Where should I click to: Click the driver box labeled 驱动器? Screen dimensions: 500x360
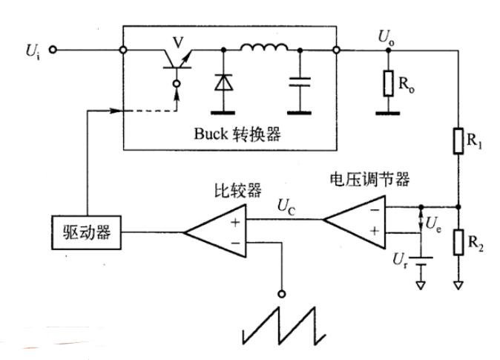(x=86, y=232)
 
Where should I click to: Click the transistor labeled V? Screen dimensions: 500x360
(x=177, y=61)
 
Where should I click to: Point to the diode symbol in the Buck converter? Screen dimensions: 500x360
(x=223, y=82)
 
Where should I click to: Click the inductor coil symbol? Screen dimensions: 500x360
(x=264, y=48)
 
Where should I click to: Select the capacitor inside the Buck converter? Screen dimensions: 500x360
(x=300, y=82)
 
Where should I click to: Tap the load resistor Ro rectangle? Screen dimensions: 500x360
(x=389, y=83)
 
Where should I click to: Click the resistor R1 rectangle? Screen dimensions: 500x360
(x=458, y=141)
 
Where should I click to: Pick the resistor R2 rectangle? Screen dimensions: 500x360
(x=458, y=242)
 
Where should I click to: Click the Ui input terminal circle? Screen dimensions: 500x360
(x=53, y=50)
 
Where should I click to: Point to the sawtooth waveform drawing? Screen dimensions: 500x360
(x=284, y=326)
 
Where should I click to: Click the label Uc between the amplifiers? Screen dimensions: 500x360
(x=286, y=206)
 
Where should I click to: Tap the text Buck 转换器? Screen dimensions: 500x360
(x=237, y=134)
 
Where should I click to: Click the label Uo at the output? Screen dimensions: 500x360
(x=386, y=38)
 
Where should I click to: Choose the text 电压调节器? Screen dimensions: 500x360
(x=369, y=180)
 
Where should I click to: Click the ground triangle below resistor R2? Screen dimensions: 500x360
(x=458, y=285)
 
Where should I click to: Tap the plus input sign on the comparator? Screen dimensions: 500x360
(x=235, y=222)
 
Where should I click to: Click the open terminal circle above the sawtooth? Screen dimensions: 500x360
(x=282, y=294)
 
